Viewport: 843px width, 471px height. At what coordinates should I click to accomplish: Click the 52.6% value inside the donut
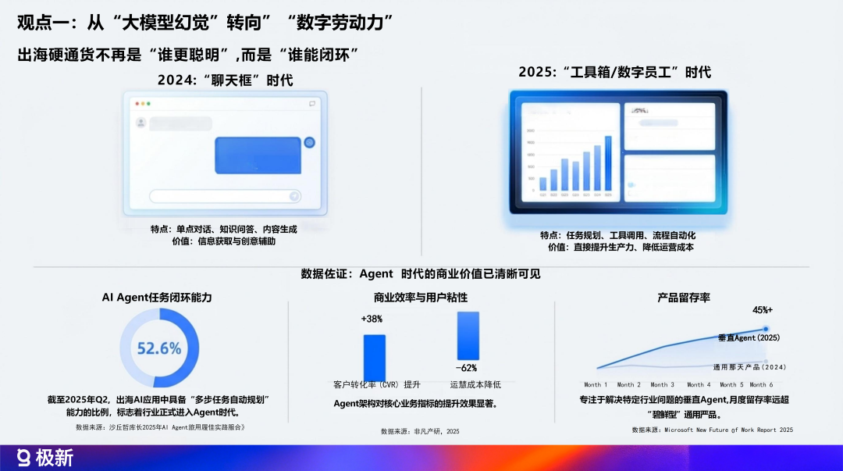coord(159,348)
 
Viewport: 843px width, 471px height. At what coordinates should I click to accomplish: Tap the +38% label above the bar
coord(372,319)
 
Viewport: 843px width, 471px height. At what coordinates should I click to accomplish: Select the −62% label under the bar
coord(466,367)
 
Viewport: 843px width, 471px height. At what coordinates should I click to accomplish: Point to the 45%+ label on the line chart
coord(763,309)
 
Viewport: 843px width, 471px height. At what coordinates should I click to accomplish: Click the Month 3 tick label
coord(660,384)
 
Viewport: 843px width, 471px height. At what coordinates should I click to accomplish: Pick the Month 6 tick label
coord(761,384)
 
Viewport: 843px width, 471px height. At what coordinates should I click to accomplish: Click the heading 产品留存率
coord(683,298)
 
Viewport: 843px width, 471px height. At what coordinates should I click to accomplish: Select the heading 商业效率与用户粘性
coord(421,298)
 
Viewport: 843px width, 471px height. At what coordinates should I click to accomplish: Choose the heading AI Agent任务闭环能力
coord(157,298)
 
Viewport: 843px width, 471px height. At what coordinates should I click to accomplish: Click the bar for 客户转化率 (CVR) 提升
coord(375,356)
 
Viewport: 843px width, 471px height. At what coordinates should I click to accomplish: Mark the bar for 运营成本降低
coord(468,336)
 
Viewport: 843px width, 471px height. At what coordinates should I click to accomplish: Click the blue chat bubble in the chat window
coord(258,154)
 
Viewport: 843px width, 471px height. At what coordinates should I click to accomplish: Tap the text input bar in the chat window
coord(225,196)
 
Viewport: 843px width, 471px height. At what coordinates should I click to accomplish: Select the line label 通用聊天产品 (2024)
coord(749,366)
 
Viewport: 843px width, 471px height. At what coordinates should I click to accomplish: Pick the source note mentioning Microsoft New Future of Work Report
coord(712,430)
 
